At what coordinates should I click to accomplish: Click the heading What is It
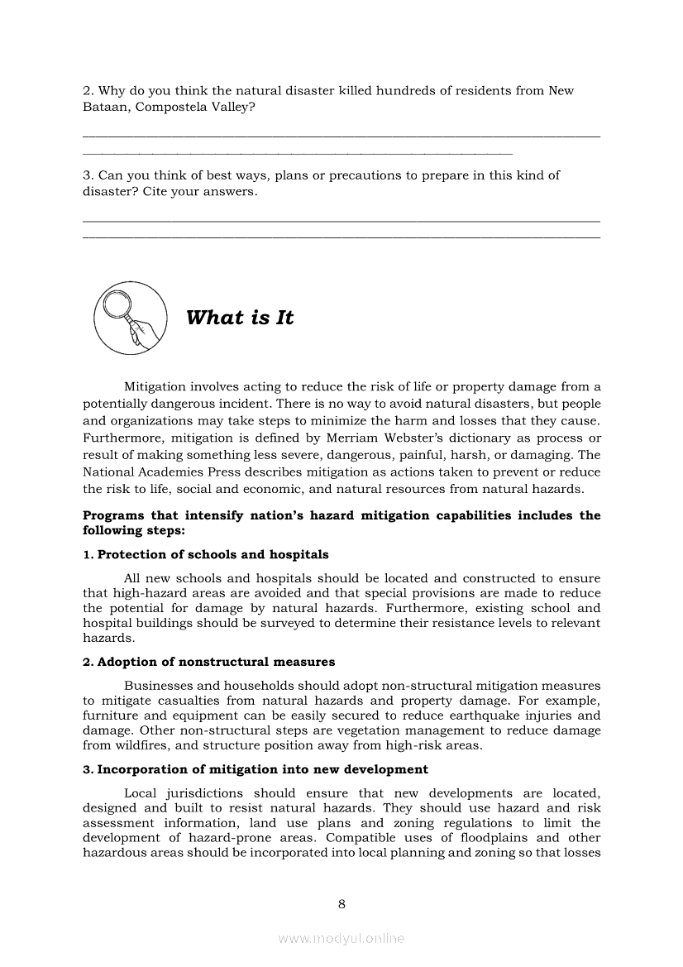tap(240, 318)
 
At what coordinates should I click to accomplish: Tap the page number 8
tap(341, 904)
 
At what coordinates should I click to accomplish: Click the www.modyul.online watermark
tap(341, 939)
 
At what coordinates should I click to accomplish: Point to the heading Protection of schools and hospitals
tap(206, 554)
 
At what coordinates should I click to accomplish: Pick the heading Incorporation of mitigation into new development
tap(256, 769)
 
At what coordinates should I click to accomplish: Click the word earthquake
tap(468, 716)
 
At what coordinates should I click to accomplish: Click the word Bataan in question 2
tap(101, 108)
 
